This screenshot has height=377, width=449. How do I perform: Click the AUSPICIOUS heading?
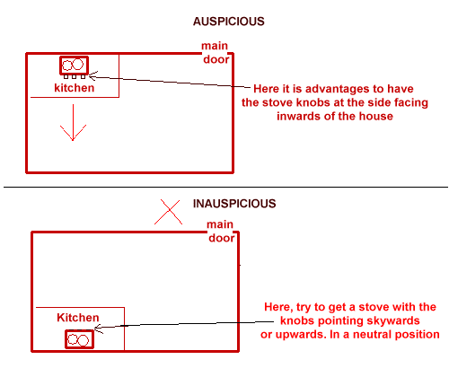pos(229,22)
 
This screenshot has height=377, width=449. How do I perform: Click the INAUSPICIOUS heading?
pos(234,204)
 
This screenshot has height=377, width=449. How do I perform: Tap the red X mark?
pos(168,212)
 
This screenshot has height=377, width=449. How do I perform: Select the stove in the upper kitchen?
pos(75,66)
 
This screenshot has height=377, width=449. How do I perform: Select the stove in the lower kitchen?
pos(80,339)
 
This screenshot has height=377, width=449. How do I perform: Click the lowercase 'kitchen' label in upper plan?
pos(75,88)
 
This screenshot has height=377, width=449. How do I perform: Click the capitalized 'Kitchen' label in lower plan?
pos(78,318)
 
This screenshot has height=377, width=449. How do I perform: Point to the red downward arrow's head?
pos(73,140)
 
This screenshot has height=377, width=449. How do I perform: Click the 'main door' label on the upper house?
pos(216,53)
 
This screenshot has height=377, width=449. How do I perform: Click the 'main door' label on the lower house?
pos(221,232)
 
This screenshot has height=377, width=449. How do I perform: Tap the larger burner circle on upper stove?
pos(78,65)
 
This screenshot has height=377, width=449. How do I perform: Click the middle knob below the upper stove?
pos(75,77)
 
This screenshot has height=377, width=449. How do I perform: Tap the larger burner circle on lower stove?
pos(84,340)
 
